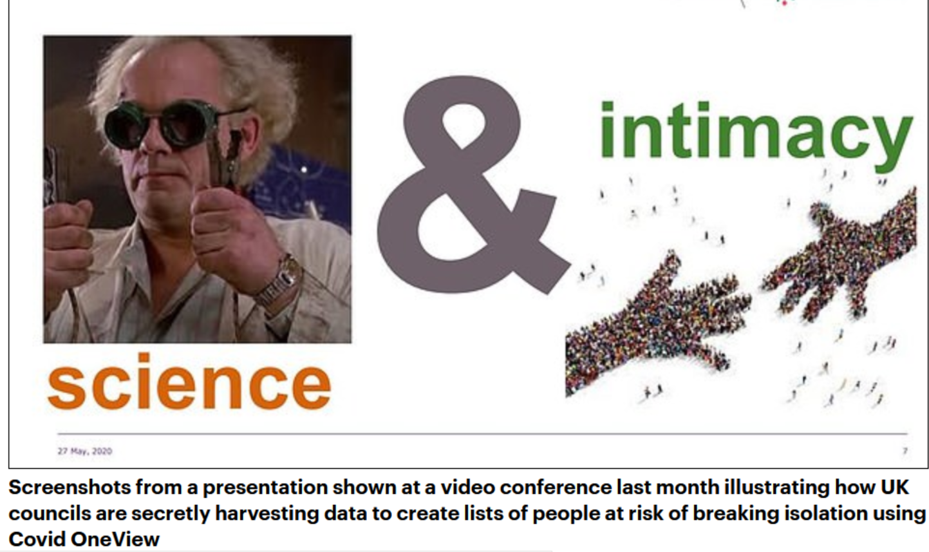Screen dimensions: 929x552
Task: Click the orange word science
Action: pos(189,382)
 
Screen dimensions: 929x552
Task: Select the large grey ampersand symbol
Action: pos(473,185)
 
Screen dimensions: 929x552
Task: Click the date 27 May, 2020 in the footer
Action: pos(85,451)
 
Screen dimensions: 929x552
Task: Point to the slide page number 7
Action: pos(905,451)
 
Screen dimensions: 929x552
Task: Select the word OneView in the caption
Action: pos(115,540)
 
